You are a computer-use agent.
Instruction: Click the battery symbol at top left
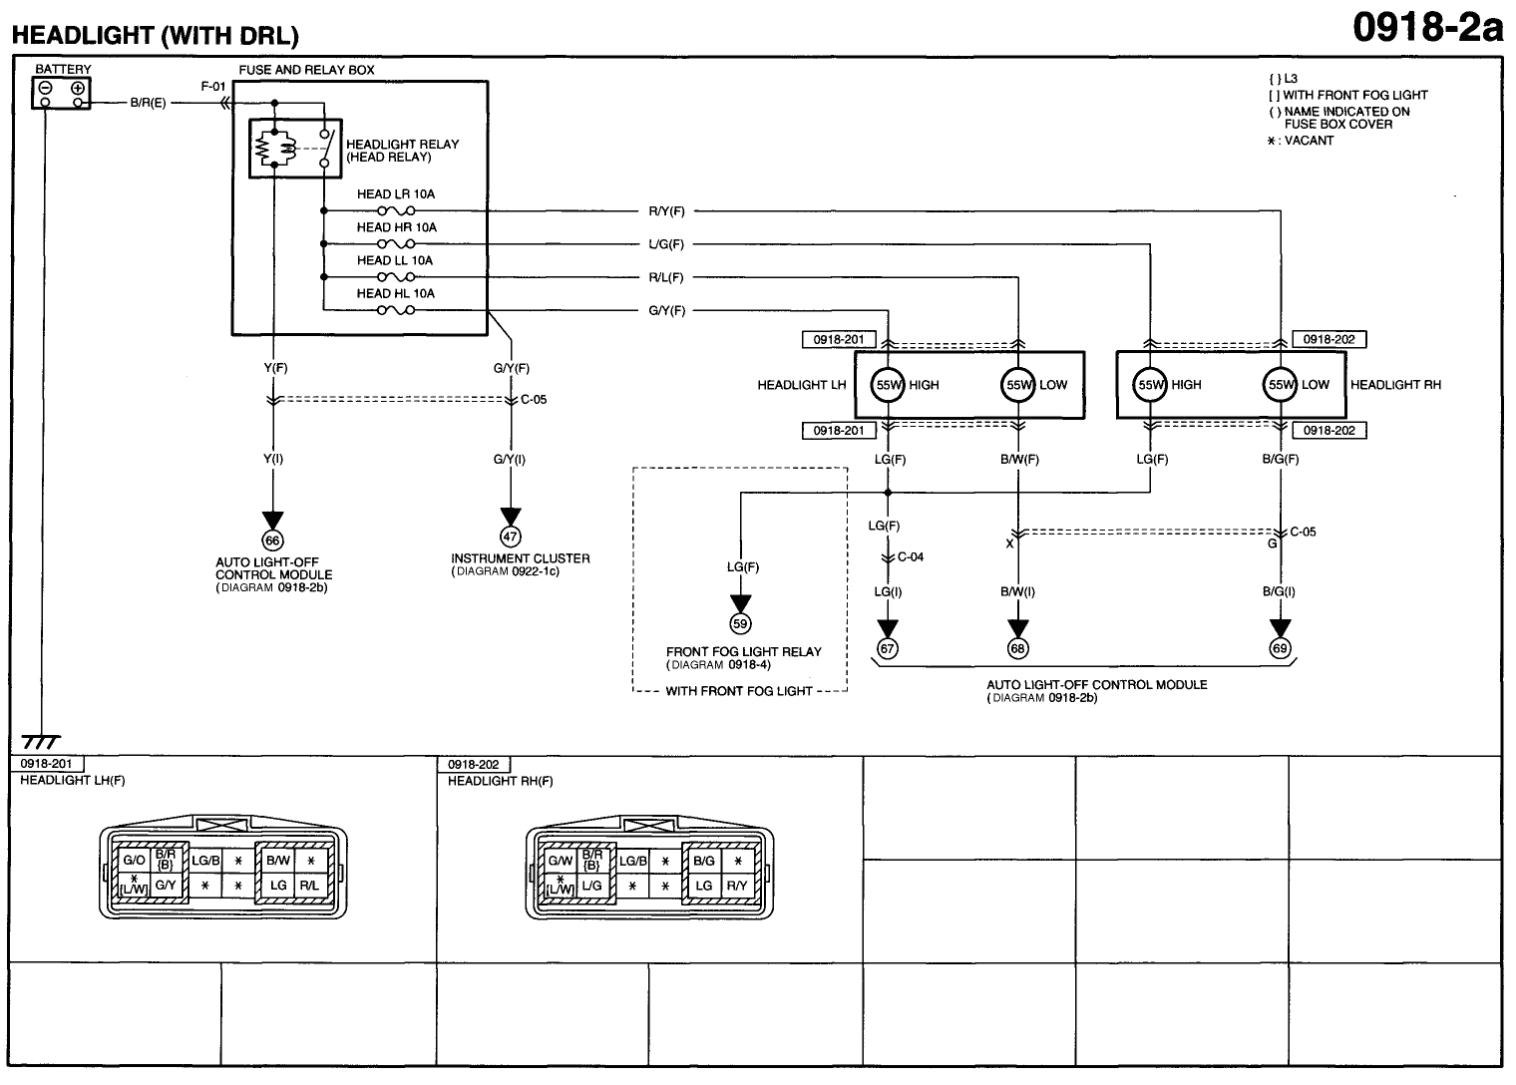pyautogui.click(x=62, y=93)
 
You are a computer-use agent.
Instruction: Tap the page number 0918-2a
pyautogui.click(x=1426, y=28)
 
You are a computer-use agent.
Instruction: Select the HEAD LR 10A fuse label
pyautogui.click(x=396, y=194)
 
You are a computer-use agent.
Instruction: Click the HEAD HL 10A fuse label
pyautogui.click(x=396, y=293)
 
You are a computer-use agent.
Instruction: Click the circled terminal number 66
pyautogui.click(x=272, y=540)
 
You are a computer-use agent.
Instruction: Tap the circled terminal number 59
pyautogui.click(x=741, y=624)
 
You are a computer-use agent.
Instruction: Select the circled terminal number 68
pyautogui.click(x=1017, y=648)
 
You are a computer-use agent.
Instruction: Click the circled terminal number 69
pyautogui.click(x=1280, y=648)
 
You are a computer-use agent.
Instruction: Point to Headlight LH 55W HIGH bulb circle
pyautogui.click(x=887, y=385)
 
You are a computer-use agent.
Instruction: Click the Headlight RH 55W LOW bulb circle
pyautogui.click(x=1280, y=385)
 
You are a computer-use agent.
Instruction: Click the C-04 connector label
pyautogui.click(x=911, y=556)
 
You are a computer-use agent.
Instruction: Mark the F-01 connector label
pyautogui.click(x=212, y=87)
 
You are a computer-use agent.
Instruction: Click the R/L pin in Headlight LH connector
pyautogui.click(x=310, y=885)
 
